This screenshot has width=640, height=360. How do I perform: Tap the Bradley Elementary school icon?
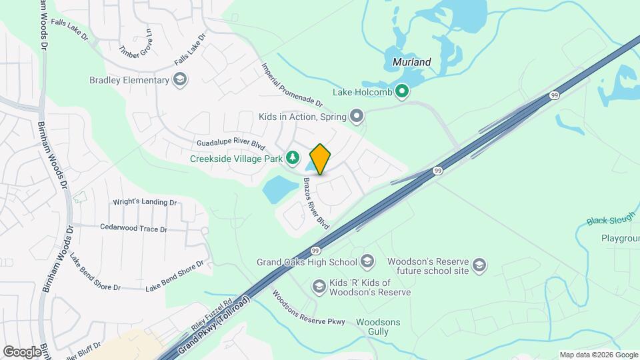(x=179, y=81)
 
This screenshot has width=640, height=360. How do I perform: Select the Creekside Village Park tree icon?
(x=292, y=158)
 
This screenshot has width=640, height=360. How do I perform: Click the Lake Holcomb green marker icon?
(x=401, y=91)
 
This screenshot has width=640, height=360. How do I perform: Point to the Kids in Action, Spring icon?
(x=357, y=117)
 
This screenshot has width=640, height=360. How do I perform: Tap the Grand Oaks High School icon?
(x=367, y=261)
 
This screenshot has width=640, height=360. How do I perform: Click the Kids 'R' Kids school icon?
(x=319, y=286)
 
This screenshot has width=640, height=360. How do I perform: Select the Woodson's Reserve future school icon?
(x=479, y=267)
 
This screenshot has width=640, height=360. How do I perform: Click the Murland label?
(x=407, y=62)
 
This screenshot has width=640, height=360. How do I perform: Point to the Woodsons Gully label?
(x=378, y=327)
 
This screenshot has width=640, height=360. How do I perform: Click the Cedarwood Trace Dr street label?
(x=133, y=228)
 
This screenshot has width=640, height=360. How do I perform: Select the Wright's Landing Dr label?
(x=144, y=201)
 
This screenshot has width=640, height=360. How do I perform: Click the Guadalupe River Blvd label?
(x=231, y=144)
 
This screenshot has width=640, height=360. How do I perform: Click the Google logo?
(x=21, y=351)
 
